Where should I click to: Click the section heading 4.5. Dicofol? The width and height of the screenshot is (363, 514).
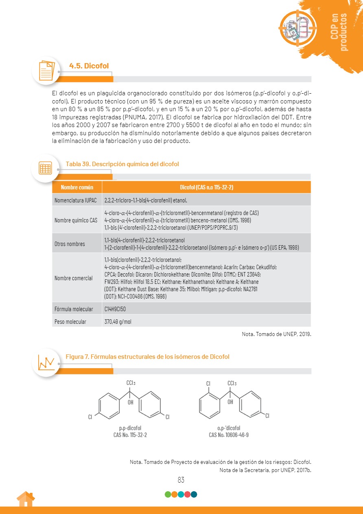(x=89, y=66)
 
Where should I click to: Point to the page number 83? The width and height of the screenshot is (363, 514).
(x=181, y=480)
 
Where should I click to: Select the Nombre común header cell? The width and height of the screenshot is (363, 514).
(x=77, y=187)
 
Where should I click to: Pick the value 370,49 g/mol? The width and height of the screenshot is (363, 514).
(x=118, y=322)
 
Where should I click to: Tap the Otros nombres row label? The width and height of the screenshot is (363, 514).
(x=70, y=244)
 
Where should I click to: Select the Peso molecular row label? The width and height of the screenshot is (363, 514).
(x=70, y=322)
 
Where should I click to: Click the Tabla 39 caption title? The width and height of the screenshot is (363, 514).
(x=122, y=164)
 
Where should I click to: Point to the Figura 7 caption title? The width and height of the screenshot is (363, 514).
(x=147, y=357)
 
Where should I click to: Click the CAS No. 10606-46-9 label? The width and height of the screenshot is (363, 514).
(x=229, y=435)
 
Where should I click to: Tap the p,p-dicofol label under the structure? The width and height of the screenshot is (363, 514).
(x=130, y=428)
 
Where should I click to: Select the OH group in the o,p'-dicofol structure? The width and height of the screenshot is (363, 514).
(x=230, y=402)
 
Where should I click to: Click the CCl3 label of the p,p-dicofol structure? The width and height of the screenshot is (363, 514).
(x=131, y=383)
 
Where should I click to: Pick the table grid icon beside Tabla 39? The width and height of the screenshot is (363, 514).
(x=45, y=168)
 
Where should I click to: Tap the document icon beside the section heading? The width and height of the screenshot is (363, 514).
(x=46, y=70)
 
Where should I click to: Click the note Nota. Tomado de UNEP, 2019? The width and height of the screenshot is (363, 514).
(x=276, y=334)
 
